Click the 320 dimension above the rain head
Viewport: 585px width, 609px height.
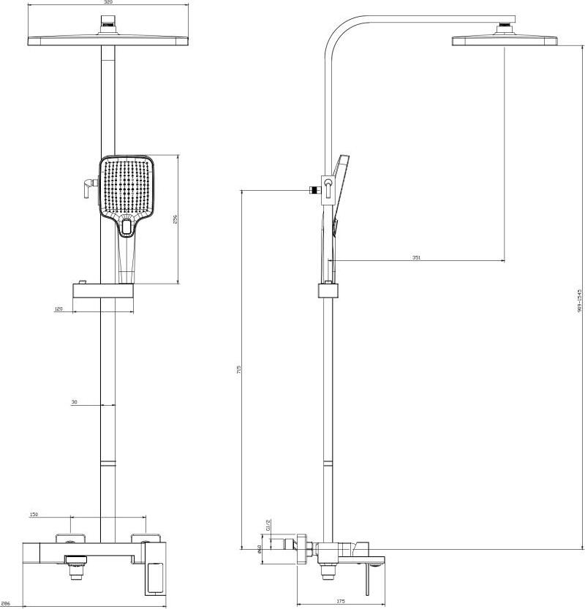[108, 3]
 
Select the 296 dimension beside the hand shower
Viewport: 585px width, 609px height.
[175, 219]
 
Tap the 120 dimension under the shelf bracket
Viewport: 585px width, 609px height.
[79, 309]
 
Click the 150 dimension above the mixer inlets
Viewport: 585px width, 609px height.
[34, 515]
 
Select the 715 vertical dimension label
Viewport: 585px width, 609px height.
[238, 370]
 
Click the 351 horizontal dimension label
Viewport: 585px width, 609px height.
[416, 257]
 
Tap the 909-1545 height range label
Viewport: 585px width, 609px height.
[578, 300]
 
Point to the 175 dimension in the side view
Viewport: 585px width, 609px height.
[341, 601]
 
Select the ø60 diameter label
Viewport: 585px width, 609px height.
[260, 549]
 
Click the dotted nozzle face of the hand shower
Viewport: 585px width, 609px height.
[127, 186]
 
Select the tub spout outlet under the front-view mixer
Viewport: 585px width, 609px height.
[75, 562]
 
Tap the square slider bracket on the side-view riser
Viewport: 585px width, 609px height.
[329, 290]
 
